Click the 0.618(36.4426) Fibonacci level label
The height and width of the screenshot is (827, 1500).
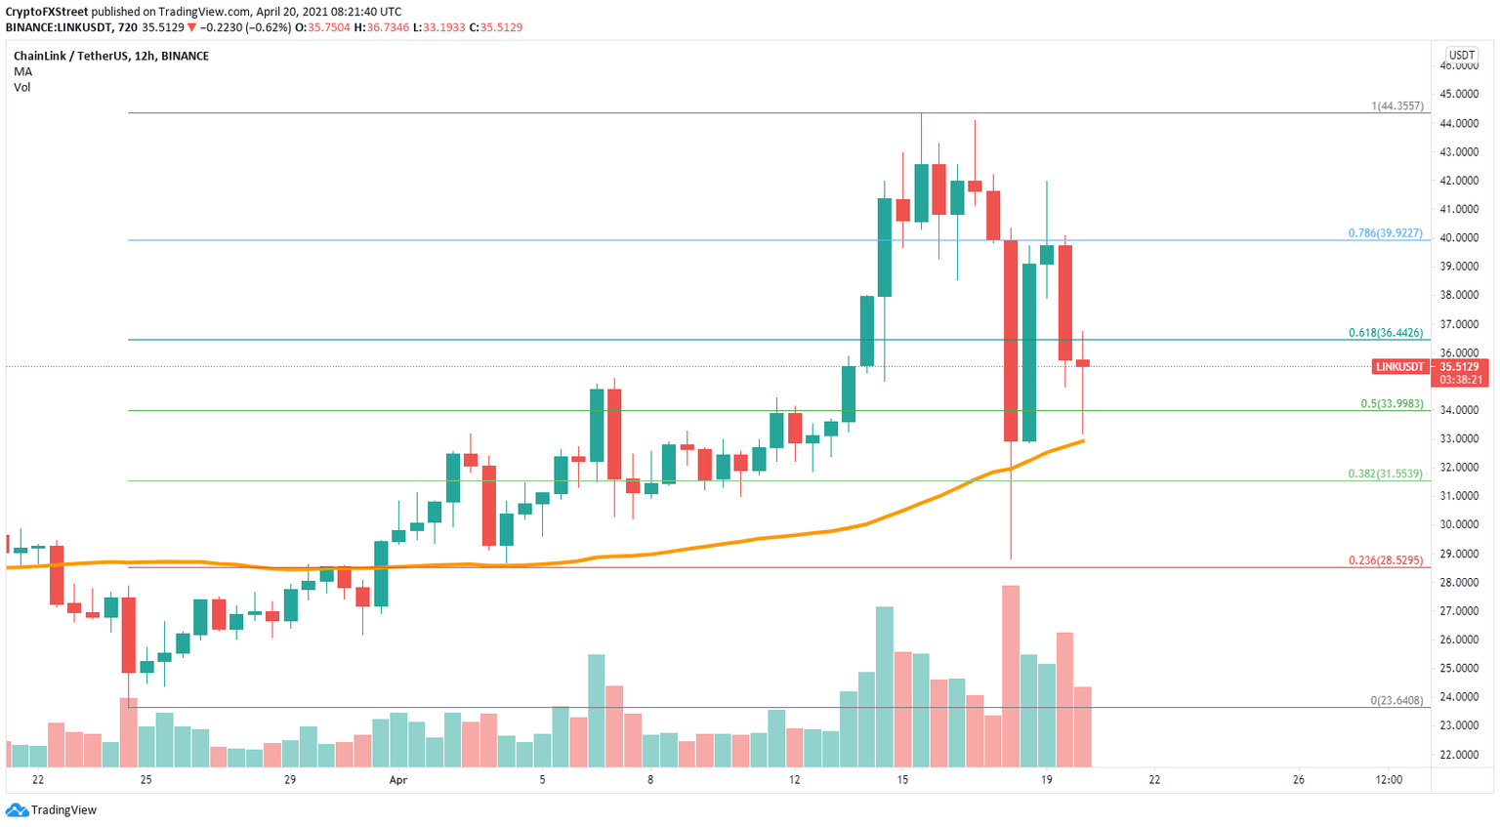coord(1385,333)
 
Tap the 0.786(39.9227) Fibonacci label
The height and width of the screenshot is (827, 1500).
coord(1385,233)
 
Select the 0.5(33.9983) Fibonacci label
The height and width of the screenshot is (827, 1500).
coord(1392,403)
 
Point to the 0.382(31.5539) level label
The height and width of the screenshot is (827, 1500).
coord(1385,474)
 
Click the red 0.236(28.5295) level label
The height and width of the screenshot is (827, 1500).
coord(1385,560)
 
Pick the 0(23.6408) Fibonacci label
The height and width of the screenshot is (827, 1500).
coord(1396,700)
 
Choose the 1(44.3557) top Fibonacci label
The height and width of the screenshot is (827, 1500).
coord(1396,105)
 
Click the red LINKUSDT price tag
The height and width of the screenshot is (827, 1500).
coord(1398,367)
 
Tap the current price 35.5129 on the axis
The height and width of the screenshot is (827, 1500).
coord(1460,367)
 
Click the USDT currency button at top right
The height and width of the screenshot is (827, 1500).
coord(1461,56)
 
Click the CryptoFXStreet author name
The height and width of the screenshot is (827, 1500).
coord(53,12)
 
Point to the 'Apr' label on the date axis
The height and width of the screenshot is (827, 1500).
coord(397,779)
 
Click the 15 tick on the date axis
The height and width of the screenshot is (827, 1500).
coord(902,779)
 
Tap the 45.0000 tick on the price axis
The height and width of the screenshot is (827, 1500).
coord(1458,95)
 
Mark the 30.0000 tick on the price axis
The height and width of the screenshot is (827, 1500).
coord(1458,524)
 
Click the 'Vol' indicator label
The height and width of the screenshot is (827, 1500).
coord(21,87)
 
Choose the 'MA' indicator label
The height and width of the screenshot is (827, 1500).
coord(22,71)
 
